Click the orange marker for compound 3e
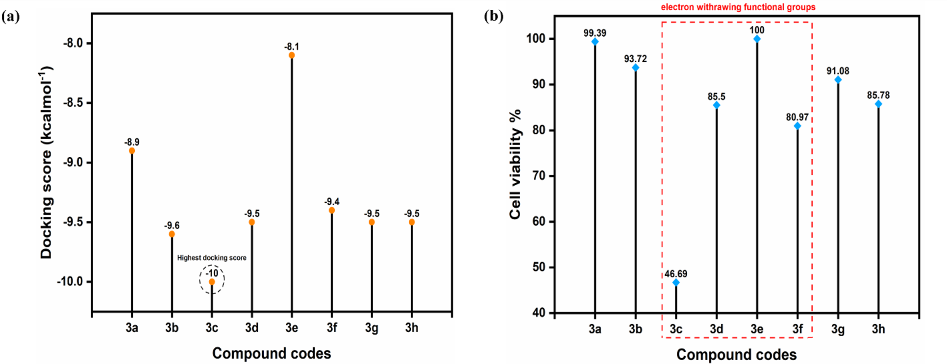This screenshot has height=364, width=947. (x=292, y=55)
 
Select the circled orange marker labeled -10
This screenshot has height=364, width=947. (x=212, y=282)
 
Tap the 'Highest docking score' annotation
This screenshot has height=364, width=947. (x=212, y=258)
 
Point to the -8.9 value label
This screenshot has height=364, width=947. (x=132, y=142)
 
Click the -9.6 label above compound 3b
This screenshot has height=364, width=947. (x=172, y=225)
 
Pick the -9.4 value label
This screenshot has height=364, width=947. (x=332, y=202)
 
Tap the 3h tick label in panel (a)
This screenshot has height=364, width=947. (x=412, y=328)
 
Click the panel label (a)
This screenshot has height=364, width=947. (x=11, y=17)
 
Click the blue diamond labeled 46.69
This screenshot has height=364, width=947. (x=676, y=283)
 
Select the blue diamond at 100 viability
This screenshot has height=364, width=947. (x=757, y=39)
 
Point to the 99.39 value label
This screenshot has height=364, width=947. (x=595, y=33)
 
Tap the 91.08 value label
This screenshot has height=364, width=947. (x=838, y=71)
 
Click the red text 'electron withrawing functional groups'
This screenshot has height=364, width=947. (x=738, y=7)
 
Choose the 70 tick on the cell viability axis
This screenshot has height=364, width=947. (x=539, y=176)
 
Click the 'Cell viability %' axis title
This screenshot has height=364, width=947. (x=515, y=164)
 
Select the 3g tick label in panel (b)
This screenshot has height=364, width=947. (x=838, y=329)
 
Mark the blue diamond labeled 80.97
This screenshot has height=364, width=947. (x=797, y=126)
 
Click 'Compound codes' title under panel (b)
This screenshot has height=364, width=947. (x=736, y=355)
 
